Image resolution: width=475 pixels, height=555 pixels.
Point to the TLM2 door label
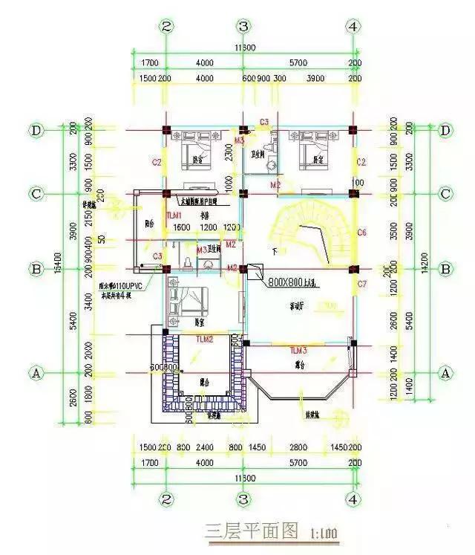(204, 339)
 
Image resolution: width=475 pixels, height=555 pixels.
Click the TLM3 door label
(298, 349)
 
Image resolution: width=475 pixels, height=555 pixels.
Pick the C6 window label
(361, 233)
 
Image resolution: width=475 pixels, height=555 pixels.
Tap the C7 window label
(361, 285)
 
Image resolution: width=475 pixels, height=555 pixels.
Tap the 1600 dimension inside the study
(183, 227)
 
